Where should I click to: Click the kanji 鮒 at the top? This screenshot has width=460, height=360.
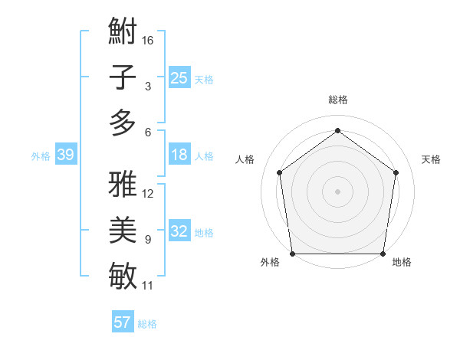(123, 32)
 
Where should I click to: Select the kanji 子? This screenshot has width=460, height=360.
(123, 77)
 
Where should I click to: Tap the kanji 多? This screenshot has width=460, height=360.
(123, 123)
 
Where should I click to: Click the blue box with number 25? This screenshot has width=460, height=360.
(179, 77)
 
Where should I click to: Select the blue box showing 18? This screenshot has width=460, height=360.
(179, 155)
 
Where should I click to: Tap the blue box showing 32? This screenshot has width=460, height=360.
(179, 231)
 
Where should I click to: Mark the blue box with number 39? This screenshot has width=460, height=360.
(65, 155)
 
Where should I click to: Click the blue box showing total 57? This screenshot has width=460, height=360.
(122, 322)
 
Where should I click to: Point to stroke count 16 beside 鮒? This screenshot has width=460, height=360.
(148, 41)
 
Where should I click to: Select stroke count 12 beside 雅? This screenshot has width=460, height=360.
(148, 193)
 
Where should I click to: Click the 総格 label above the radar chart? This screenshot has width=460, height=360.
(337, 100)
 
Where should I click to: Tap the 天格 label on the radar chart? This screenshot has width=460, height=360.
(431, 159)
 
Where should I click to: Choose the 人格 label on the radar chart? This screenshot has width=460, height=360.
(245, 159)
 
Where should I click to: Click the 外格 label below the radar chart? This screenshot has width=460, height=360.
(270, 263)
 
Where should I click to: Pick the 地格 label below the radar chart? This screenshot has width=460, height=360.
(402, 263)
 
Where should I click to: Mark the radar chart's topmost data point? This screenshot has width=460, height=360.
(337, 131)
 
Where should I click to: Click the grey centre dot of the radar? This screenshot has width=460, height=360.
(337, 191)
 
